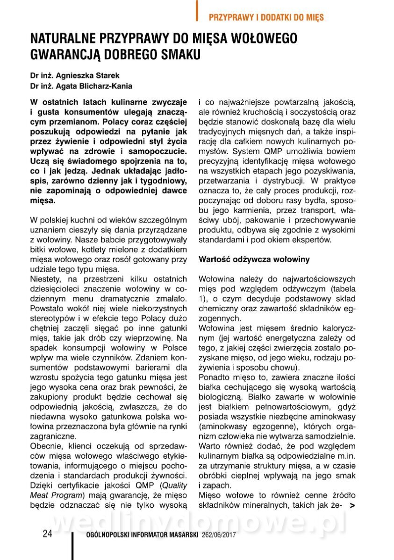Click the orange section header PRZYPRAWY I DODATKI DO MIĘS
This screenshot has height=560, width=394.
coord(266,17)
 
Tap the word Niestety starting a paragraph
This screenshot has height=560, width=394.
coord(44,279)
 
